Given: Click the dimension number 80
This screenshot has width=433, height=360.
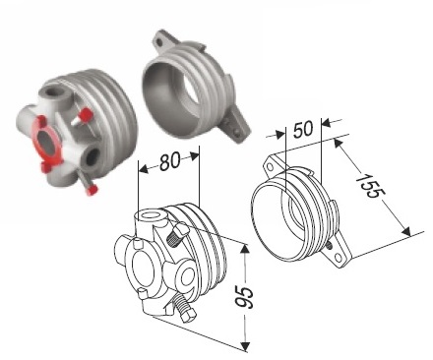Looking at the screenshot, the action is click(170, 161).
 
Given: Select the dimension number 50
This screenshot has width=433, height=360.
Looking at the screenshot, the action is click(303, 128).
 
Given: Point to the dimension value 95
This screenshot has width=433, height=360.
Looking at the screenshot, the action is click(245, 298).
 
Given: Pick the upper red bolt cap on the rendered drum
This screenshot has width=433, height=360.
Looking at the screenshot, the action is click(87, 114).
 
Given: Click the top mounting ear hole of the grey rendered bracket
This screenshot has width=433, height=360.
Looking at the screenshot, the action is click(159, 42).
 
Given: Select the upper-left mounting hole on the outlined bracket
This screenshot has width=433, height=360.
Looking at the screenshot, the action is click(270, 167).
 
